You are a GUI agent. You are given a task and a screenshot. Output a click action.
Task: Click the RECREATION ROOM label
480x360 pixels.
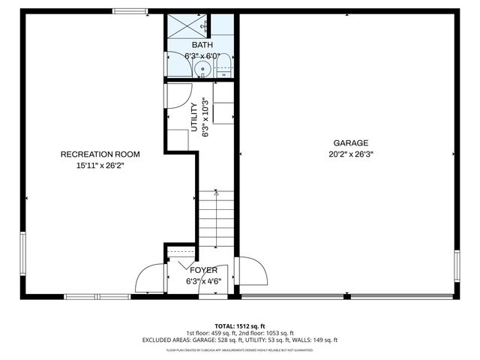pos(100,154)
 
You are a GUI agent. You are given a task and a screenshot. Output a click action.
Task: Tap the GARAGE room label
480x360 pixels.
pos(351,142)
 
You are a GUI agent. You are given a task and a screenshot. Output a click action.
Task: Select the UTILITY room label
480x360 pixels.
pos(193,117)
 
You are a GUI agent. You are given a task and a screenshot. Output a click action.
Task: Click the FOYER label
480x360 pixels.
pos(203,270)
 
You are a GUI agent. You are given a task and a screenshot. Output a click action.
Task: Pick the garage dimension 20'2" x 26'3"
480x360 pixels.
pos(351,154)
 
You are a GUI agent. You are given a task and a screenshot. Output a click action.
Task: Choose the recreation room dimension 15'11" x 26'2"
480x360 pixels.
pos(100,166)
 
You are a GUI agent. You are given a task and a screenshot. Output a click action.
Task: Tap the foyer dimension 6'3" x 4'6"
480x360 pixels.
pos(203,282)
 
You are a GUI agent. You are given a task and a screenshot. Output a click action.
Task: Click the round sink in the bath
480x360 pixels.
pos(201,70)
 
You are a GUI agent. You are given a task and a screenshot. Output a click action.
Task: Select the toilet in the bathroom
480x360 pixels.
pos(223,70)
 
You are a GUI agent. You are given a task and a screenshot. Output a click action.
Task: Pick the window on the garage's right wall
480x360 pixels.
pos(457,266)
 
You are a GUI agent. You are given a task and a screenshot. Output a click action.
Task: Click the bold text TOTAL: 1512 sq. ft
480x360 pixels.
pos(239,325)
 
